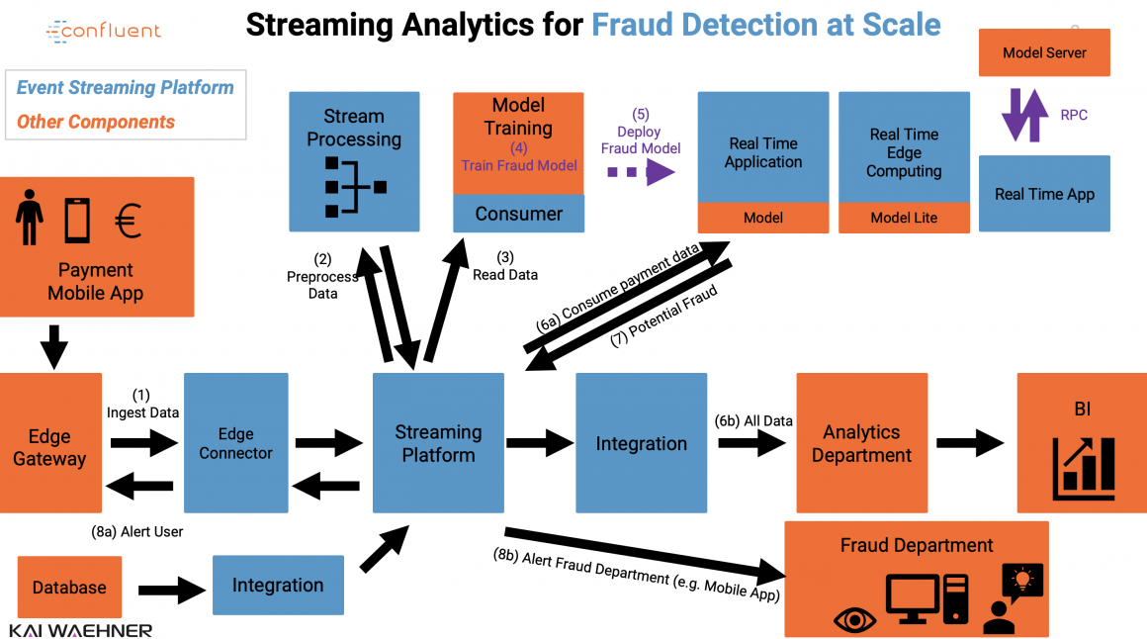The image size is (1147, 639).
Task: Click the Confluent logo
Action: [103, 31]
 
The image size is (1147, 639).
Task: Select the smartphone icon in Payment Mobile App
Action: [77, 220]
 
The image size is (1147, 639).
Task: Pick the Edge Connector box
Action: [235, 443]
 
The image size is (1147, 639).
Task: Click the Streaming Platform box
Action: [438, 443]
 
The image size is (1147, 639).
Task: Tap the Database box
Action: [69, 587]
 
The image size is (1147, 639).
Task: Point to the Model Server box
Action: [1044, 52]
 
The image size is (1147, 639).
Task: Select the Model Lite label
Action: [904, 218]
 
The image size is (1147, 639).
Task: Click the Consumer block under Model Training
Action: [518, 214]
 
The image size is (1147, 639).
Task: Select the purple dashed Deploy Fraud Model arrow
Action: [640, 172]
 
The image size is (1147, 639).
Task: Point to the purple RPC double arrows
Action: [1024, 115]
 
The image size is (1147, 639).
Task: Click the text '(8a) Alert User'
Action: [136, 531]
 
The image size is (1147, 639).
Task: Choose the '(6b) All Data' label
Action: [753, 420]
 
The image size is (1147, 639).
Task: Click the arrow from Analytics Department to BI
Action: [970, 443]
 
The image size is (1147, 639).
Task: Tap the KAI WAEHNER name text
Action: [81, 630]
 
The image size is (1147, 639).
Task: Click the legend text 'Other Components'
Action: [96, 122]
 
